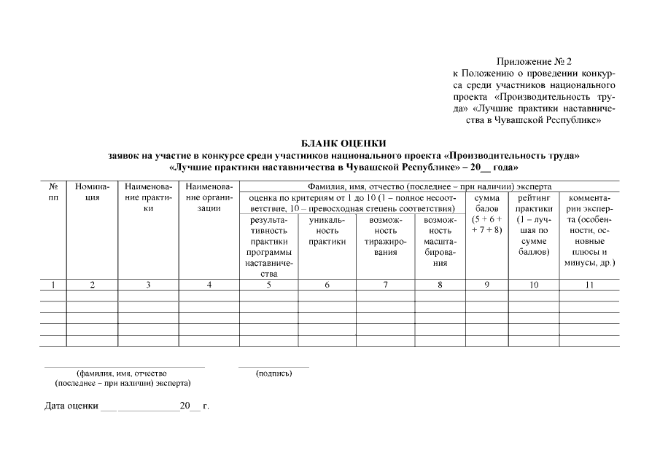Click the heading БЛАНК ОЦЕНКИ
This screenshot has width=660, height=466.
pyautogui.click(x=343, y=143)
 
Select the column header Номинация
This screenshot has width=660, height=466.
pyautogui.click(x=92, y=192)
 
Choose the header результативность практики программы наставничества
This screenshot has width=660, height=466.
pyautogui.click(x=268, y=246)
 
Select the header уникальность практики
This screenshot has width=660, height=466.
pyautogui.click(x=327, y=230)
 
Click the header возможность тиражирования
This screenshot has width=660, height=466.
pyautogui.click(x=385, y=235)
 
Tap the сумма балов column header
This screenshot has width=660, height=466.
pyautogui.click(x=486, y=214)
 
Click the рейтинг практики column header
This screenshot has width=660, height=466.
pyautogui.click(x=534, y=224)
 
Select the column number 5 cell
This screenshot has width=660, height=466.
pyautogui.click(x=268, y=285)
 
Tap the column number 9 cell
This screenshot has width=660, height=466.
pyautogui.click(x=486, y=285)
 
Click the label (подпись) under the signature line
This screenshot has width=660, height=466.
pyautogui.click(x=273, y=374)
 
